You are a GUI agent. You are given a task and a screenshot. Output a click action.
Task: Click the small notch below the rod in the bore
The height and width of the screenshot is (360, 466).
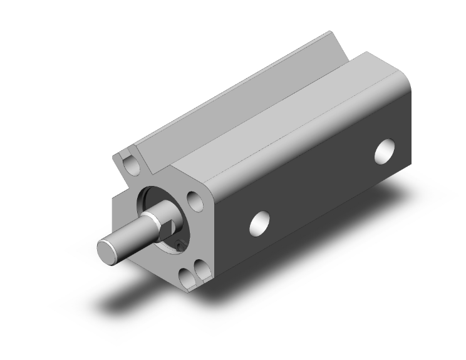point(180,245)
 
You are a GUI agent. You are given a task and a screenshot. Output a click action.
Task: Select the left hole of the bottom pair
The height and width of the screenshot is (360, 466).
point(187,275)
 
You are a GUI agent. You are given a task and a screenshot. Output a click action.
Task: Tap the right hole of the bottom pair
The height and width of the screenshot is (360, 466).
point(202,270)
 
